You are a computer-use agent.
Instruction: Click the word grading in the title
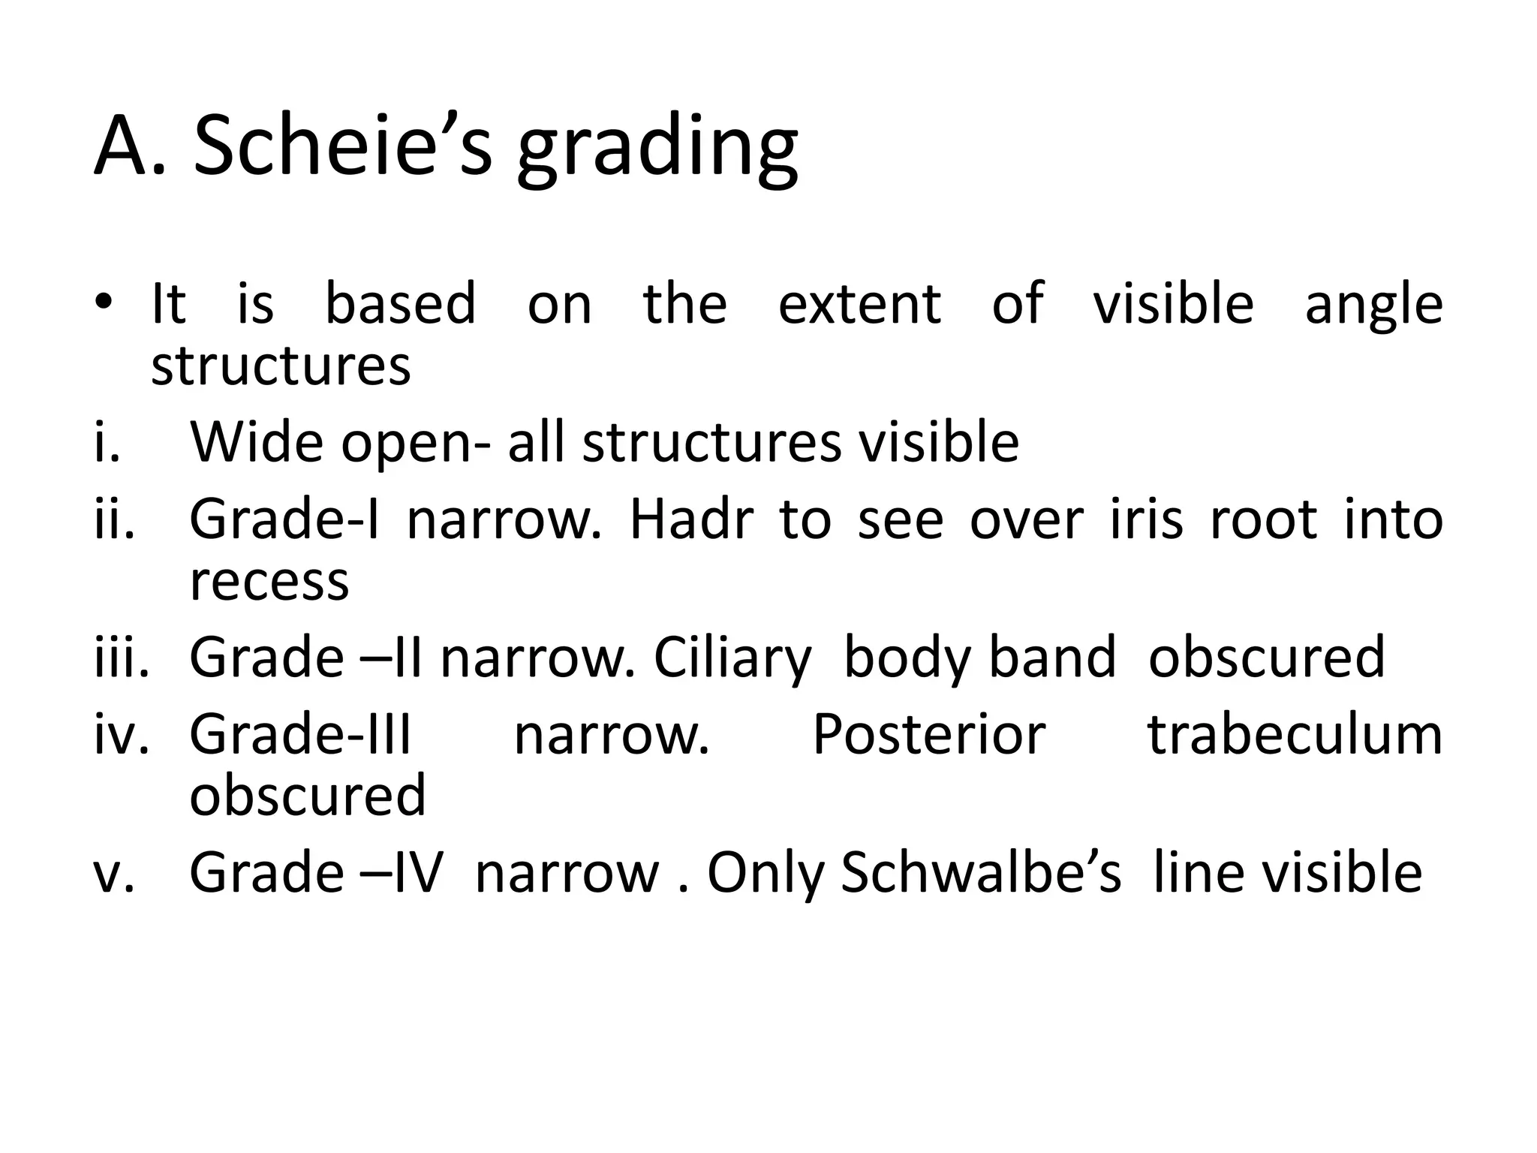657,150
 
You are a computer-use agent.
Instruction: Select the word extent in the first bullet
859,303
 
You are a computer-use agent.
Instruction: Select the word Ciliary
732,658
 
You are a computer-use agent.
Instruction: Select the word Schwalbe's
981,873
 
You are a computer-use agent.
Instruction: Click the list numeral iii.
120,657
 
